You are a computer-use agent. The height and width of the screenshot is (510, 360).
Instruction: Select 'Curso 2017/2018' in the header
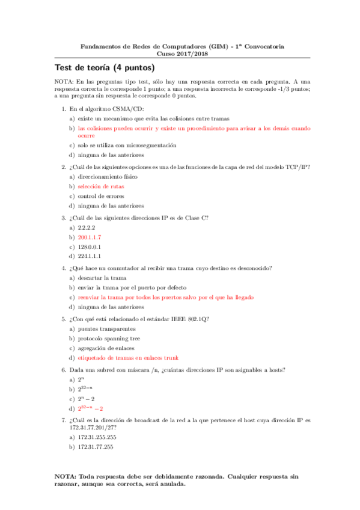click(180, 53)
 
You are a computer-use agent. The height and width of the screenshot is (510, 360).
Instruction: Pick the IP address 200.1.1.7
click(90, 238)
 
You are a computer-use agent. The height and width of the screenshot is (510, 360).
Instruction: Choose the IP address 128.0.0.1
click(90, 247)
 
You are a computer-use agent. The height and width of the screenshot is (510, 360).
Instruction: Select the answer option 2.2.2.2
click(87, 228)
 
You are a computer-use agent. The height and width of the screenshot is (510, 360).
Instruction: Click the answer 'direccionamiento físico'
click(108, 177)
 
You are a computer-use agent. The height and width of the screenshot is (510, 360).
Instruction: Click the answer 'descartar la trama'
click(102, 278)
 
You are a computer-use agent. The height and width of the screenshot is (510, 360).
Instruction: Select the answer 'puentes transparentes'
click(106, 329)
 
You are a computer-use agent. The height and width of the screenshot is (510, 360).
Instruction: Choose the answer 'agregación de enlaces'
click(106, 348)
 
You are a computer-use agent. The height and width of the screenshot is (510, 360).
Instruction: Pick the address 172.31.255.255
click(97, 438)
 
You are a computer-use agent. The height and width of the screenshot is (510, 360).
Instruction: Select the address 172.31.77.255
click(96, 447)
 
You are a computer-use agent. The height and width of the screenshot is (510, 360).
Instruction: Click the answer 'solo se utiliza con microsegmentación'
click(127, 146)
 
